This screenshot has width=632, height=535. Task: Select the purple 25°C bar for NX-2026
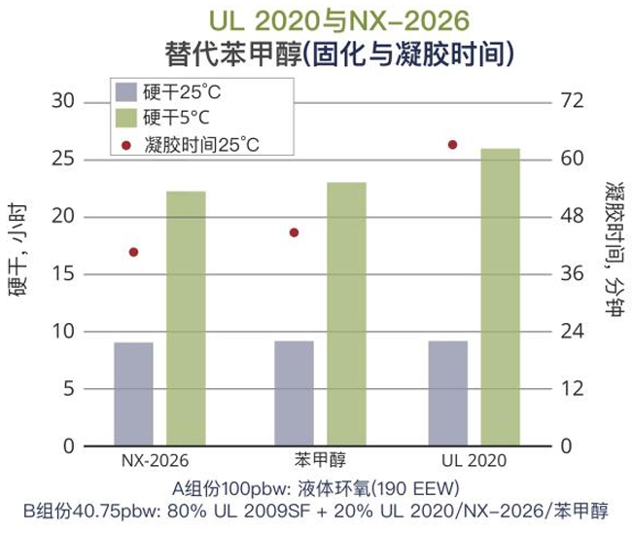(x=133, y=394)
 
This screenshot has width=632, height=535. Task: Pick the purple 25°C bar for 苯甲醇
(x=294, y=393)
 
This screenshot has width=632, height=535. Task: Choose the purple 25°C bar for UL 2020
(x=447, y=393)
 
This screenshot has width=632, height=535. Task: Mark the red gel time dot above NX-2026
(x=133, y=252)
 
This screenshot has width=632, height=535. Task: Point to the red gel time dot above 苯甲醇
(x=294, y=232)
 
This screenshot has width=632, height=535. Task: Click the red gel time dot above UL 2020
(x=452, y=145)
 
